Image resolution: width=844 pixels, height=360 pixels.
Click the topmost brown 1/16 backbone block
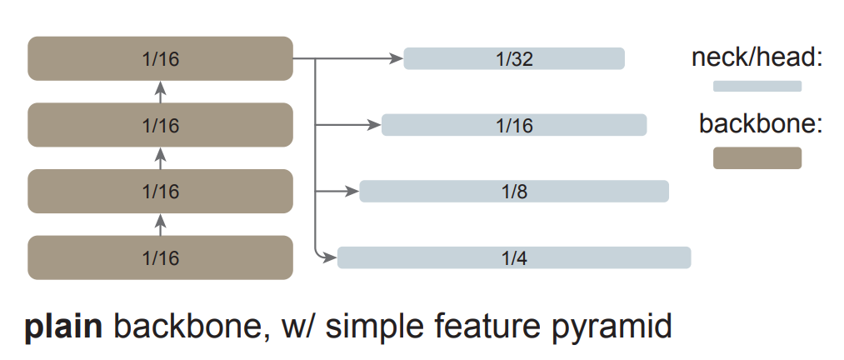pos(160,58)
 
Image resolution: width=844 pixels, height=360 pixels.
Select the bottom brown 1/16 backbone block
pos(160,257)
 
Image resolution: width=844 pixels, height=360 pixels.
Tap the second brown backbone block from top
pos(160,125)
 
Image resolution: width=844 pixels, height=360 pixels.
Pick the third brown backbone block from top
pos(160,191)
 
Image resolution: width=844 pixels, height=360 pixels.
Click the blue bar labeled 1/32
pos(514,58)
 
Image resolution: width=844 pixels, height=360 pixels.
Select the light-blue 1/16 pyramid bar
pos(514,125)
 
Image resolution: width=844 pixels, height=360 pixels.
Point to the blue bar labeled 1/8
pos(514,191)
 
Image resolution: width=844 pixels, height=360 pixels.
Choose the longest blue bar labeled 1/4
pos(514,257)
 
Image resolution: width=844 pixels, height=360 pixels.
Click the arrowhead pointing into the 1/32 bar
pos(397,58)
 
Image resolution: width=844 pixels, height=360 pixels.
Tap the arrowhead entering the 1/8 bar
pos(352,191)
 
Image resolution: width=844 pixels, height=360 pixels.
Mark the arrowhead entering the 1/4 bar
pos(330,257)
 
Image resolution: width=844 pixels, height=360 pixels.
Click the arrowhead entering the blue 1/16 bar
pos(374,125)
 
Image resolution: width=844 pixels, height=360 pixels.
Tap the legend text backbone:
pos(760,124)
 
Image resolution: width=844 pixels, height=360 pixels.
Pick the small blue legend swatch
pos(757,86)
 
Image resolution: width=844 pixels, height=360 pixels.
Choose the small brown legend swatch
pos(757,157)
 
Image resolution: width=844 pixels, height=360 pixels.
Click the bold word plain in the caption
pos(62,327)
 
